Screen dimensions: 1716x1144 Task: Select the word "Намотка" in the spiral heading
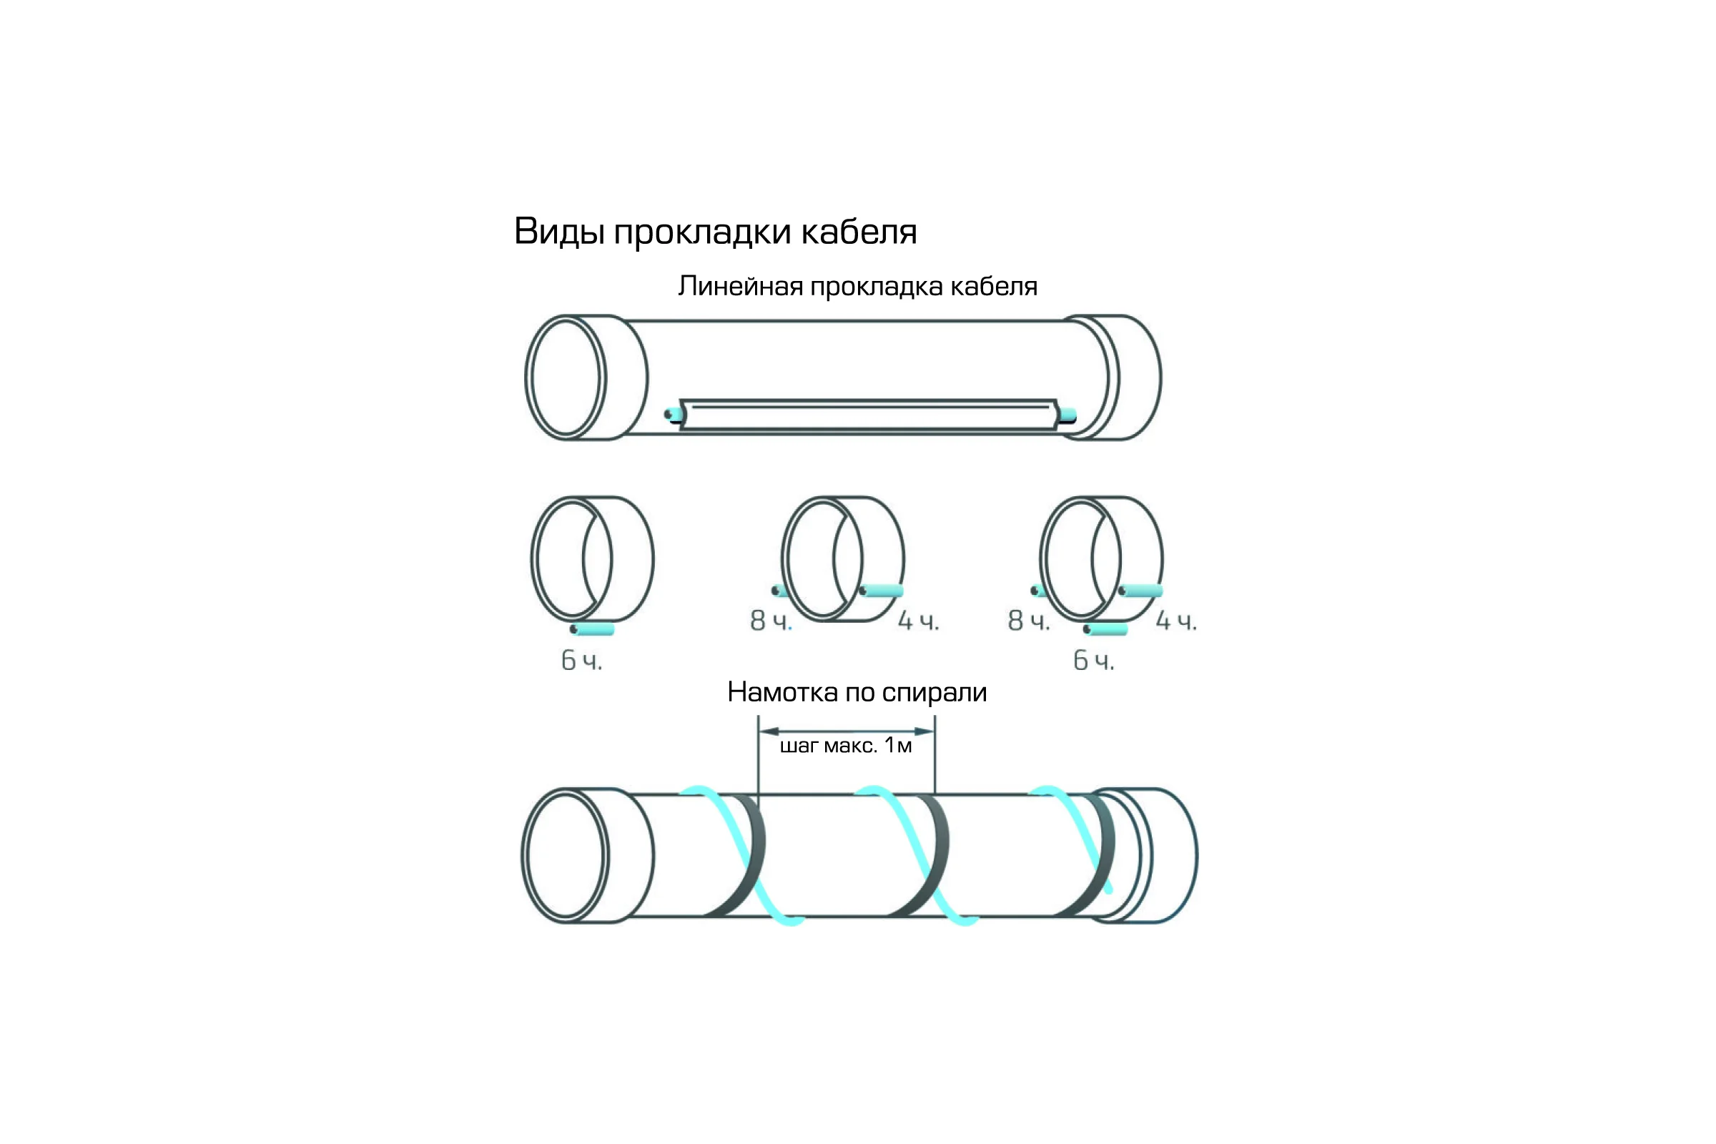point(783,691)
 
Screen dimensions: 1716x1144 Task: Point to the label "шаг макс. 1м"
point(847,746)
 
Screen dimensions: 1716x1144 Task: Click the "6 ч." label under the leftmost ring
point(581,660)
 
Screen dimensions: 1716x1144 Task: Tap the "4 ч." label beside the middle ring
point(919,621)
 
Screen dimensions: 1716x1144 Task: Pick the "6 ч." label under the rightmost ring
point(1094,660)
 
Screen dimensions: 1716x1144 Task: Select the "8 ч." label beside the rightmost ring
point(1029,621)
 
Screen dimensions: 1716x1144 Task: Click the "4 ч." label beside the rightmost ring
point(1176,621)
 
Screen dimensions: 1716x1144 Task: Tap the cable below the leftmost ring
point(593,629)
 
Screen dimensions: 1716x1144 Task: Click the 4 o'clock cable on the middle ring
point(882,591)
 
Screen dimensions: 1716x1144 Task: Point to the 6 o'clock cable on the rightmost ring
point(1105,629)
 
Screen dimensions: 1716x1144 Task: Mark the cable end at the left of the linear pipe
point(674,415)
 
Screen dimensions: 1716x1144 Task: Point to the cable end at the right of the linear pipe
point(1067,416)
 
